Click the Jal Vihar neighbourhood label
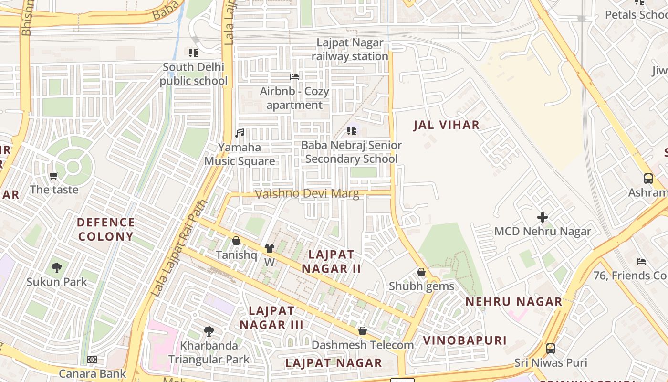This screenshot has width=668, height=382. (x=446, y=125)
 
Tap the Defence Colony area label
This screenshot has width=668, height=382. (x=105, y=229)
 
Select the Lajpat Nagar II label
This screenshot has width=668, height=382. (x=331, y=261)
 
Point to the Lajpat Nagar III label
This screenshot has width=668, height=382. (x=271, y=318)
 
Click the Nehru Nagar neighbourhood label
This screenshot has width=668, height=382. (x=514, y=302)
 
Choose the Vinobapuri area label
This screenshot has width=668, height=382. (x=465, y=340)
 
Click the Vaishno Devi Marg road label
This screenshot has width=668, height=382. (x=307, y=194)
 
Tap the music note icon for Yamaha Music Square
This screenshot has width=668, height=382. (x=240, y=133)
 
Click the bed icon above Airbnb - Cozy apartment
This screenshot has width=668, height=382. (x=294, y=77)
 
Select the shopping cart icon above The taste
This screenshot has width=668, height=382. (x=54, y=176)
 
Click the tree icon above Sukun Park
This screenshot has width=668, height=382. (x=57, y=268)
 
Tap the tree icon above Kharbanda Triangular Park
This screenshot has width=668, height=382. (x=209, y=331)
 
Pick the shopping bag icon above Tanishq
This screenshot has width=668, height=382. (x=236, y=241)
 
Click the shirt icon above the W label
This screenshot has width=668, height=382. (x=270, y=248)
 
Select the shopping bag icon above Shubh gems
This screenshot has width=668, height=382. (x=421, y=272)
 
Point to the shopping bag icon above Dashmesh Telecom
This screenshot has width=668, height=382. (x=363, y=331)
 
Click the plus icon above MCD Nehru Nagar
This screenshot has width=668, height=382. (x=543, y=217)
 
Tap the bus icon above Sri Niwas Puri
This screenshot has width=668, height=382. (x=551, y=349)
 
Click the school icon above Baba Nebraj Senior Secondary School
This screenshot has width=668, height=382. (x=352, y=131)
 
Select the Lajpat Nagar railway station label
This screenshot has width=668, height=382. (x=350, y=50)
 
